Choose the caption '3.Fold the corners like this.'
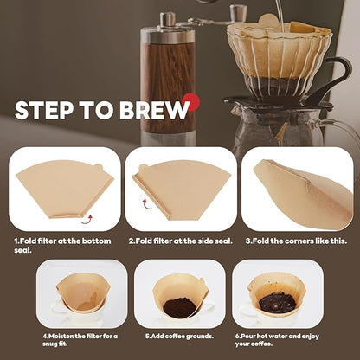(x=296, y=241)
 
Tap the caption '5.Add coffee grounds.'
(x=179, y=334)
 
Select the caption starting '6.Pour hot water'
(x=280, y=338)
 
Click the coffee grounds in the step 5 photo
(x=180, y=306)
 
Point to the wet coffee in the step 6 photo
(x=277, y=302)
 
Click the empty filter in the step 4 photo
(x=80, y=294)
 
